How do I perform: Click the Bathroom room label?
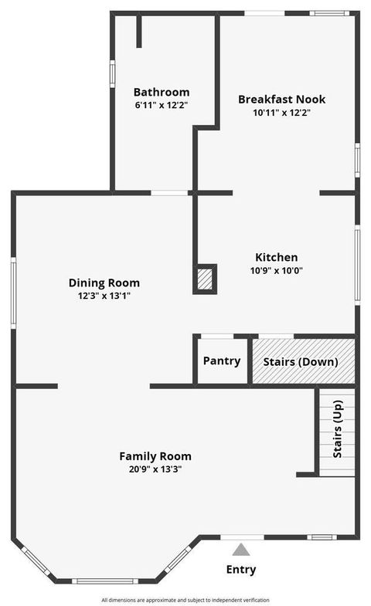pyautogui.click(x=161, y=92)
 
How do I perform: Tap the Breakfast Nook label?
pyautogui.click(x=281, y=100)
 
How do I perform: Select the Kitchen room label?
pyautogui.click(x=277, y=257)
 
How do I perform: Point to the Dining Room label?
pyautogui.click(x=104, y=283)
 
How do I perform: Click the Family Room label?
pyautogui.click(x=155, y=455)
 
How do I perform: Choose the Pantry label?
pyautogui.click(x=221, y=361)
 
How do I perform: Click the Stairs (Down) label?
pyautogui.click(x=300, y=361)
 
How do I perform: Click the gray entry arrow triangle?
pyautogui.click(x=241, y=550)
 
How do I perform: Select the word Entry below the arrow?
pyautogui.click(x=240, y=570)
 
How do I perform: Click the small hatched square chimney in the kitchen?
pyautogui.click(x=205, y=279)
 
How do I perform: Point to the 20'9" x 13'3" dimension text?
pyautogui.click(x=155, y=469)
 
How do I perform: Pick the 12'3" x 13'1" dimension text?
pyautogui.click(x=104, y=296)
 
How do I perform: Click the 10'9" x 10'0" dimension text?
pyautogui.click(x=277, y=270)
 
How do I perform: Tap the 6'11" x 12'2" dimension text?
pyautogui.click(x=161, y=105)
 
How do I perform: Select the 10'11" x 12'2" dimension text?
pyautogui.click(x=281, y=113)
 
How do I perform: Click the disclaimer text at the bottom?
pyautogui.click(x=185, y=600)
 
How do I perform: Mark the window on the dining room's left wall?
pyautogui.click(x=13, y=293)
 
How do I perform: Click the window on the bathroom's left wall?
pyautogui.click(x=112, y=73)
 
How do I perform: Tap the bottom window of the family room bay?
pyautogui.click(x=107, y=581)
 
